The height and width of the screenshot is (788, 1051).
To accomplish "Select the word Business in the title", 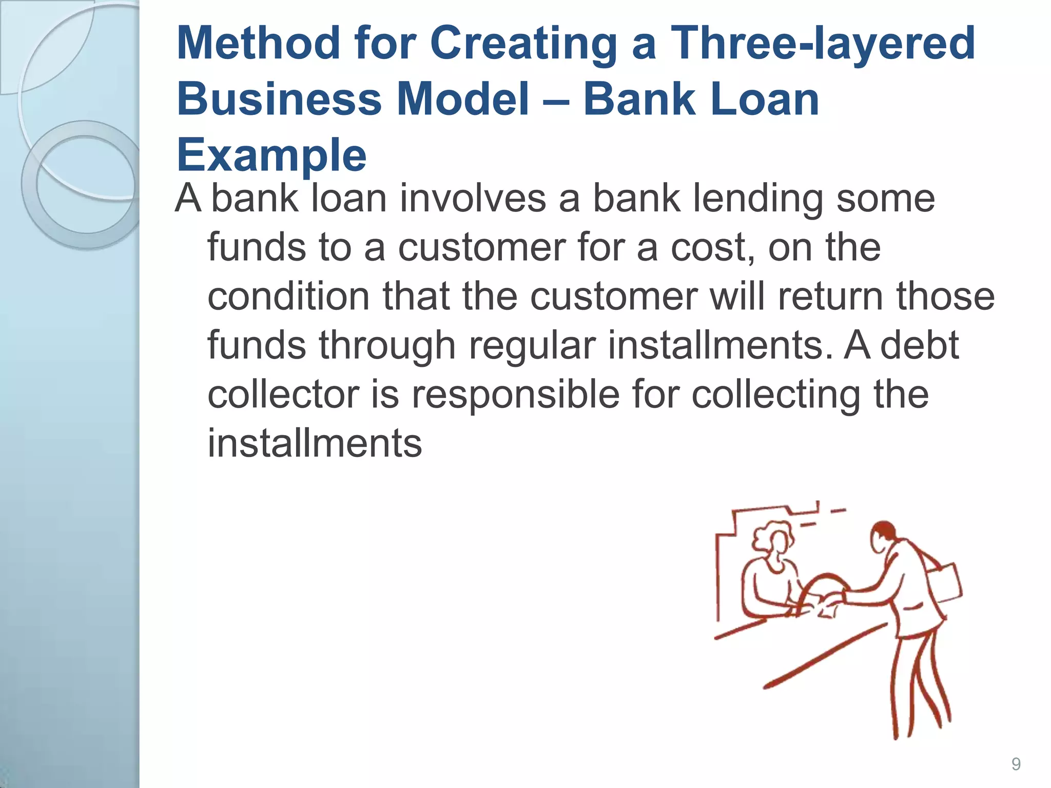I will pos(279,99).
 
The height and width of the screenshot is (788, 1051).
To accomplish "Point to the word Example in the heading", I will pos(271,155).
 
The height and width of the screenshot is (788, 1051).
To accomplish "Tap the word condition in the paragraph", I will pos(288,297).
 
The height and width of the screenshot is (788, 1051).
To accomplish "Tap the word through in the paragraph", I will pos(387,346).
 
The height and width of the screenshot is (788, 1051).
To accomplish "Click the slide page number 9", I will pos(1016,764).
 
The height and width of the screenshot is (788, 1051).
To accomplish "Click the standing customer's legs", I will pos(919,687).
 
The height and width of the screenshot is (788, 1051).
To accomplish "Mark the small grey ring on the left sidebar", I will pos(85,184).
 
